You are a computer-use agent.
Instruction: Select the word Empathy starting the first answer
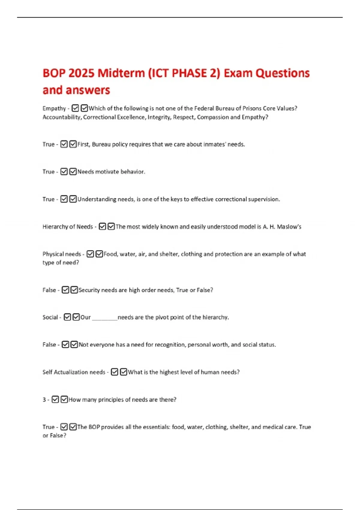pos(54,108)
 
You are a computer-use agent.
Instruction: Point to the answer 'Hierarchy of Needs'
pos(67,227)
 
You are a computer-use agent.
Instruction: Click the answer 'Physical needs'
pos(61,254)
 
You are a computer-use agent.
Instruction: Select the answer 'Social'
pos(50,317)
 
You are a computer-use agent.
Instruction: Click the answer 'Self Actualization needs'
pos(74,372)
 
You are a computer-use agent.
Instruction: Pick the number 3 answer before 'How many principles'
pos(44,400)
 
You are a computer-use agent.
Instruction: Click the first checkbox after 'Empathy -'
pos(75,108)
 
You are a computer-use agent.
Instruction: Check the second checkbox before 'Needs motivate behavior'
pos(73,172)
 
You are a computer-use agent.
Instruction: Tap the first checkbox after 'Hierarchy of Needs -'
pos(102,226)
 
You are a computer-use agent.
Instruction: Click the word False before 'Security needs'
pos(49,290)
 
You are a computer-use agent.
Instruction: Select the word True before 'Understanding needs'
pos(48,199)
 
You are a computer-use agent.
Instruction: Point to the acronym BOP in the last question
pos(94,427)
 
